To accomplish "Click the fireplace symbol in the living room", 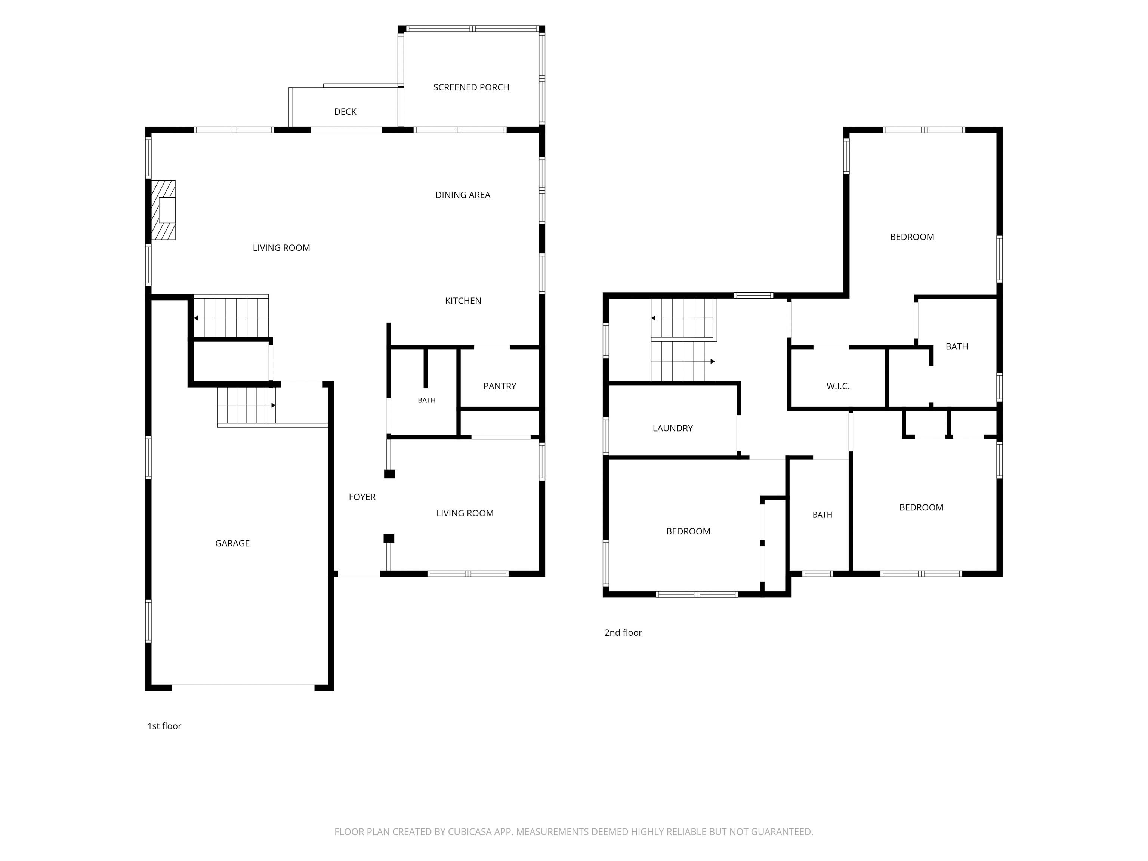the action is (x=163, y=210).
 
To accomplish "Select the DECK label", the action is (x=345, y=112).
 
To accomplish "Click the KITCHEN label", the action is (x=463, y=301).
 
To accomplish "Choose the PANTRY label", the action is (x=500, y=386).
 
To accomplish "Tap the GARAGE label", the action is (x=232, y=543).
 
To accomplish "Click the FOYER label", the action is (x=362, y=497).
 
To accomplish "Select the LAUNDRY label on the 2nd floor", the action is (x=673, y=428).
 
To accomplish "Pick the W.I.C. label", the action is (x=838, y=386).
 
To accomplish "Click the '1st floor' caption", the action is (x=164, y=726).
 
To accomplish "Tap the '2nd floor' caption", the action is (x=623, y=633).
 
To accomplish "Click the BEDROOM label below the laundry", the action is (x=688, y=531).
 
